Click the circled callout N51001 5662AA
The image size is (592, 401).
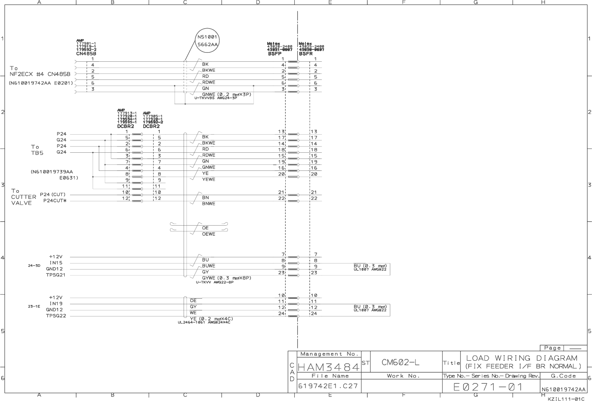click(207, 40)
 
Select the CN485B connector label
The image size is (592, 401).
click(86, 54)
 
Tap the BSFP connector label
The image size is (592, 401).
click(275, 54)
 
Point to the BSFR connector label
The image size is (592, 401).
click(306, 54)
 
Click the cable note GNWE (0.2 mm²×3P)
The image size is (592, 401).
click(226, 94)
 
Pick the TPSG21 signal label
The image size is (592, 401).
click(56, 275)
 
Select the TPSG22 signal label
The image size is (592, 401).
click(56, 316)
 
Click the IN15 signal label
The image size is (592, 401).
click(56, 263)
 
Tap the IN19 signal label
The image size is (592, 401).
click(56, 303)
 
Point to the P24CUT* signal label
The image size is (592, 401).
click(55, 201)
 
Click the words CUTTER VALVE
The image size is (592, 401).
click(24, 200)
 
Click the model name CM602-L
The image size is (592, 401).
click(400, 362)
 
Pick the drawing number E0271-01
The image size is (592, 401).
click(488, 387)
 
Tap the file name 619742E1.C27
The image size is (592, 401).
click(328, 386)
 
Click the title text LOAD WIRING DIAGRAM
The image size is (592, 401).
click(522, 358)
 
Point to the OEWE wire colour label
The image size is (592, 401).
click(208, 234)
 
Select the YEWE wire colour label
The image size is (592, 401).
click(208, 180)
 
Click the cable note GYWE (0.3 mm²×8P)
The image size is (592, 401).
click(226, 278)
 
